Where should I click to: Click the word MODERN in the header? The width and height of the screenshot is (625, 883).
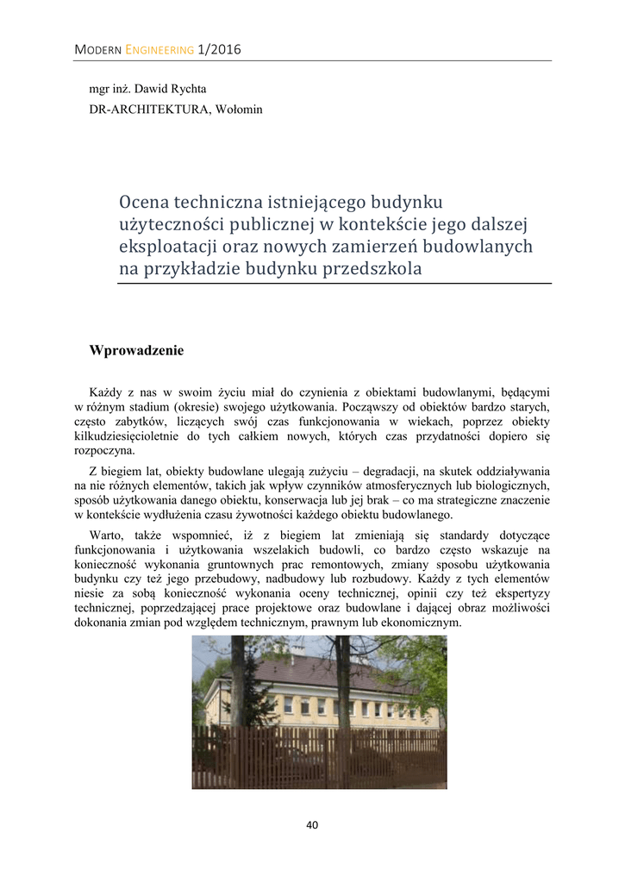(x=98, y=50)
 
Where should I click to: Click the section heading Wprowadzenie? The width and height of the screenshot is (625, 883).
(x=136, y=351)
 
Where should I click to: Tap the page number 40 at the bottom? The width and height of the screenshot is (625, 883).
(x=312, y=825)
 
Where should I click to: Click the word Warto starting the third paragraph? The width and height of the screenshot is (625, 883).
(x=106, y=535)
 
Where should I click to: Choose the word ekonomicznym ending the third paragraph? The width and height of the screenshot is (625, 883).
(x=421, y=623)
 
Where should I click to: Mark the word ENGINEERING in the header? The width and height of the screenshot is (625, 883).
(x=159, y=50)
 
